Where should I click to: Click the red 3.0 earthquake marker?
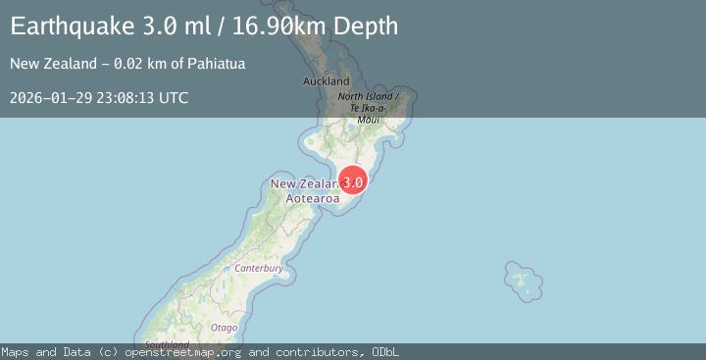point(353,181)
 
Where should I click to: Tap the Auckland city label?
point(327,80)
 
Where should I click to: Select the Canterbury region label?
point(259,268)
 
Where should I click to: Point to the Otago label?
point(224,327)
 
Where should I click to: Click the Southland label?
point(167,344)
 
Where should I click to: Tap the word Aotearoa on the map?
point(313,198)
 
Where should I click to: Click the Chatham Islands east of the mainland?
point(524,281)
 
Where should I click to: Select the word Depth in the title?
point(365,26)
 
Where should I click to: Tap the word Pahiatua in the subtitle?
point(217,65)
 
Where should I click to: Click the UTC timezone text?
point(175,98)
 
